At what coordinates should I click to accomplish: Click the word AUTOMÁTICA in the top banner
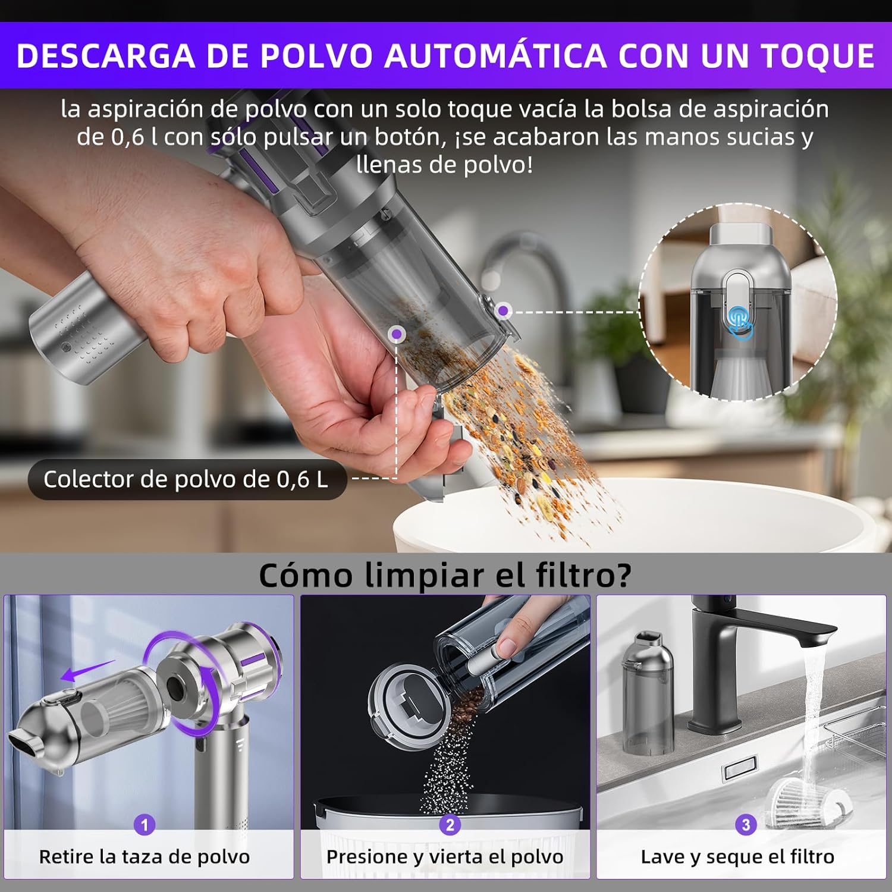[495, 55]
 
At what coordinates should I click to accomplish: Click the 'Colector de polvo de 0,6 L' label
[186, 479]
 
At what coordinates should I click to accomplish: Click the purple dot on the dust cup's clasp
[504, 310]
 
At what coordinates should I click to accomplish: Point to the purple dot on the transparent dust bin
[397, 334]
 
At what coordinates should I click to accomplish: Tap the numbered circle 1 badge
[144, 825]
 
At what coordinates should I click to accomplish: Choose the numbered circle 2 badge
[450, 825]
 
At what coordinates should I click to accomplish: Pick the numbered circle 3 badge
[746, 825]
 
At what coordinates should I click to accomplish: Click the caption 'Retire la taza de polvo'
[145, 857]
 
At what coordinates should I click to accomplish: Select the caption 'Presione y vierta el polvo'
[445, 857]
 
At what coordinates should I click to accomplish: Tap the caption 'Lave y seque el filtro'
[737, 857]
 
